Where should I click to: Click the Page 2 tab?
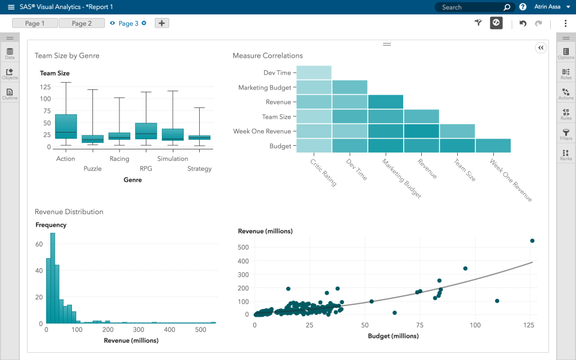tap(82, 23)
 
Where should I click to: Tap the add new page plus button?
tap(162, 23)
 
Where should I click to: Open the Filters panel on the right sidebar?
tap(565, 134)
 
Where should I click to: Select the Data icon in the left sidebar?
tap(10, 54)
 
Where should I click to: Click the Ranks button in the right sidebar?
tap(565, 155)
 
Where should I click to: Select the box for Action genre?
tap(65, 126)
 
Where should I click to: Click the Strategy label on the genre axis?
tap(199, 169)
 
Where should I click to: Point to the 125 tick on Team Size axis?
tap(46, 86)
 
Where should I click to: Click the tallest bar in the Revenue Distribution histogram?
tap(53, 278)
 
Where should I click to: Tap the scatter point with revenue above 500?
tap(532, 241)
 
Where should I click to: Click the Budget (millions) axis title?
tap(393, 336)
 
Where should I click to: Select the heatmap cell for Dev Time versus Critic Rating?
tap(314, 73)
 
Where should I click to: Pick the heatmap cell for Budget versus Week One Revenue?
tap(493, 146)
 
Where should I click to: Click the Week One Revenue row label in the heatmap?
tap(262, 131)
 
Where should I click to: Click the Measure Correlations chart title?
tap(268, 56)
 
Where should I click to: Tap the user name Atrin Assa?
tap(547, 7)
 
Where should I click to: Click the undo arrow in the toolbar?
tap(523, 23)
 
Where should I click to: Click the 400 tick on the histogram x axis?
tap(170, 330)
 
